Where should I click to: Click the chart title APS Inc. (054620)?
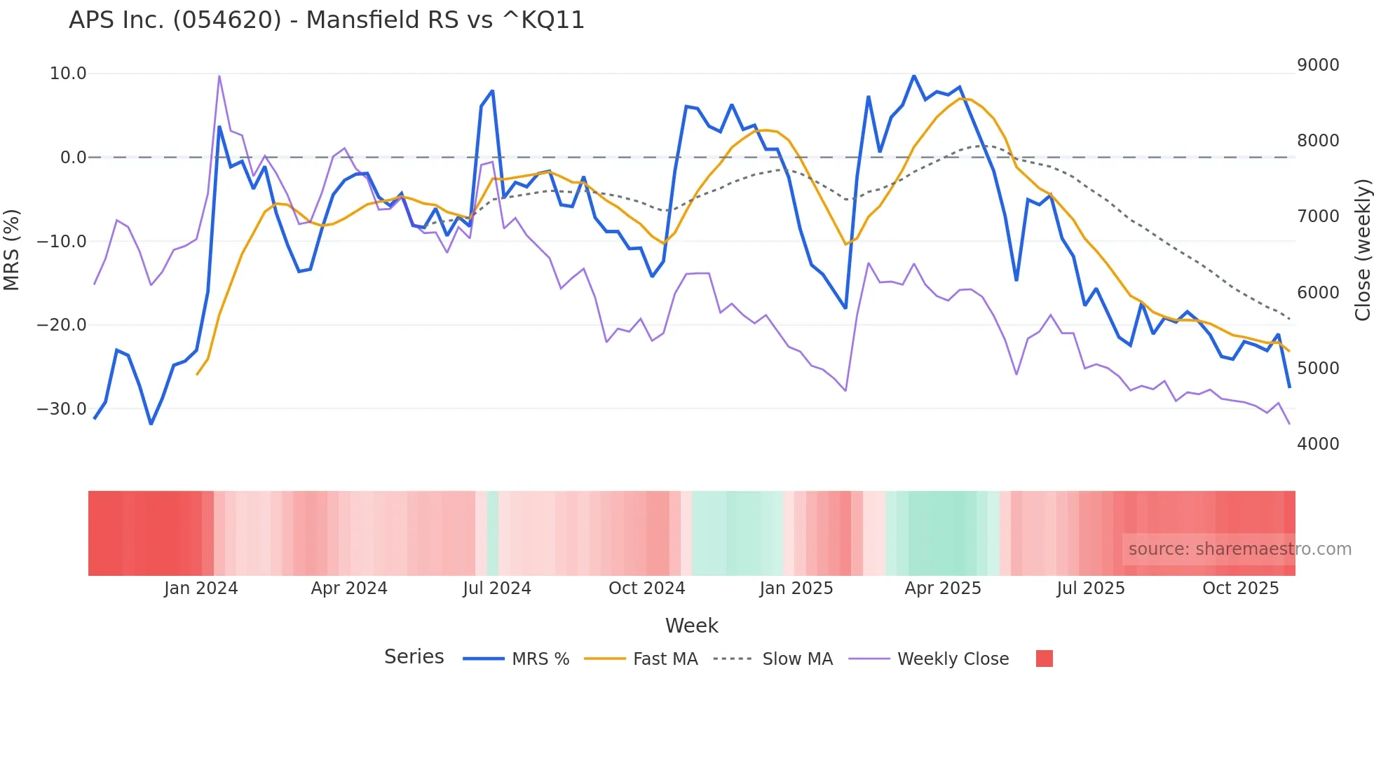[326, 20]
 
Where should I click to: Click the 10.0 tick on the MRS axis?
[68, 74]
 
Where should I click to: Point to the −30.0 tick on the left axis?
[62, 408]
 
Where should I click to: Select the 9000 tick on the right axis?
[1318, 65]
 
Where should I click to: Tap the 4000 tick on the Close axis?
[1318, 443]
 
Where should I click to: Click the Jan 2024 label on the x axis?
[201, 588]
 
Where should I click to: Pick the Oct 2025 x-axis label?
[1240, 588]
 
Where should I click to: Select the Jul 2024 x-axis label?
[496, 588]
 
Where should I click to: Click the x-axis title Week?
[691, 626]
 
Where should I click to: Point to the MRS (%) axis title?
[12, 249]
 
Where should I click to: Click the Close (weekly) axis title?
[1362, 249]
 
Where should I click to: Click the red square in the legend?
[1044, 659]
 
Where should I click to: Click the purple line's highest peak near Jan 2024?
[219, 76]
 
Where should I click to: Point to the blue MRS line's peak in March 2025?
[913, 76]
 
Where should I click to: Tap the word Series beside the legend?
[414, 657]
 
